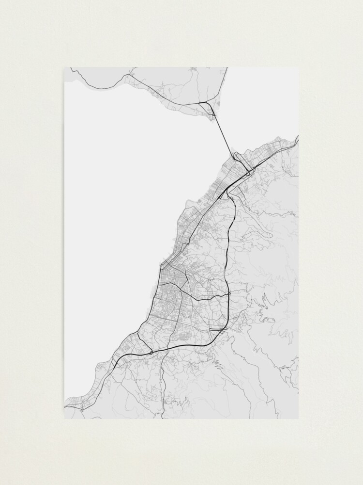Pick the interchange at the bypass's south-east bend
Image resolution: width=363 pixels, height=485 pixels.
[222, 330]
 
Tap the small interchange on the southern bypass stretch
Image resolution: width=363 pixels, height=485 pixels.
[151, 352]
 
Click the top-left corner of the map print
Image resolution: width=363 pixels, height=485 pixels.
[64, 67]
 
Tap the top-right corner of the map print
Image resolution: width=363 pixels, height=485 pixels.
[299, 67]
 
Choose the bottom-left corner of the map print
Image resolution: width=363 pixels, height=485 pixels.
[64, 419]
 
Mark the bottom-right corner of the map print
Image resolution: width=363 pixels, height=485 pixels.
[299, 419]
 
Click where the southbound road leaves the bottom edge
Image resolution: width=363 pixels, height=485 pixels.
[165, 418]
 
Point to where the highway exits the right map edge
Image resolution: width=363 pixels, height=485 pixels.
[298, 141]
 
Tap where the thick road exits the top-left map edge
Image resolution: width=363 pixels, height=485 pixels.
[71, 68]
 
